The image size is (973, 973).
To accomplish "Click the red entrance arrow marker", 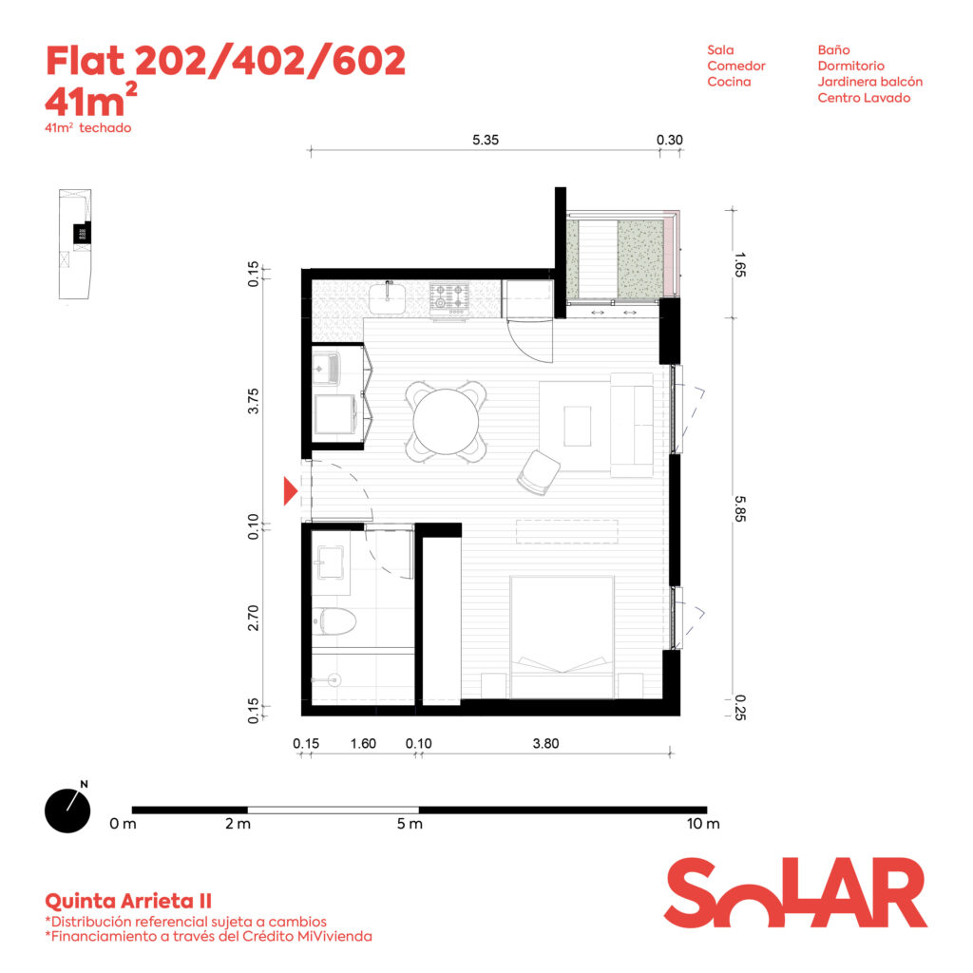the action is point(291,491).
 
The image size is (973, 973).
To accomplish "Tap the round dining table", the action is point(447,421).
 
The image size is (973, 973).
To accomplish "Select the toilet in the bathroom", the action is point(334,621).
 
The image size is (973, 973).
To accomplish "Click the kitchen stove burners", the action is point(449,296).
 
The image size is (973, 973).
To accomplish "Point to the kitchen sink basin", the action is point(388,298).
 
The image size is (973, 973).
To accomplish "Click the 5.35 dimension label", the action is point(486,140).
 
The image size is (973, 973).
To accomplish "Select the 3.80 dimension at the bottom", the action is point(546,743).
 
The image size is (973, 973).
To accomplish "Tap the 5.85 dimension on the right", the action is point(739,509).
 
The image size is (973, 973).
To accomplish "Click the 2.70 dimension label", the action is point(253,618).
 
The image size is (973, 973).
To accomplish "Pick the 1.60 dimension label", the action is point(363,743).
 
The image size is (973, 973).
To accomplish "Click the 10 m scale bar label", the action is point(703,824).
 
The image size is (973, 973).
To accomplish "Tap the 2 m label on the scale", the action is point(238,824).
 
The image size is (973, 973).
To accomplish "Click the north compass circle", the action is point(67,811).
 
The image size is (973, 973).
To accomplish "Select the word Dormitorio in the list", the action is point(850,66).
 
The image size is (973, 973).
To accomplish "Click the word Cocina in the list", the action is point(729,82).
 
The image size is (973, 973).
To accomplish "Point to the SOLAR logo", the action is point(795,892).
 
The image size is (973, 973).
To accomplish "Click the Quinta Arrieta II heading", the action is point(128,901).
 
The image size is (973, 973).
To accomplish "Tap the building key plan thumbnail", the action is point(75,244).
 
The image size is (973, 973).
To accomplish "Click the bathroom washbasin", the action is point(330,563).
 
